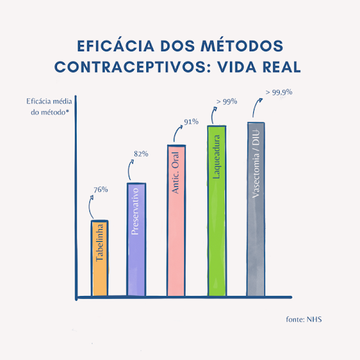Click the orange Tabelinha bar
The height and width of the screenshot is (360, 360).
pos(100,258)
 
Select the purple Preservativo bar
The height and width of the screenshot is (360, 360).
pos(136,239)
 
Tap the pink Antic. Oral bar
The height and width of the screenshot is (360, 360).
pos(176,220)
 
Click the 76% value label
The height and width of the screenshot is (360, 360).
pos(100,189)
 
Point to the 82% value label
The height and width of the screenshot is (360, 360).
pos(141,153)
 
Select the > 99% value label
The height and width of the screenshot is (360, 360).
pos(226,101)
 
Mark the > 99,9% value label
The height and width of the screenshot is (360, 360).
pos(278,91)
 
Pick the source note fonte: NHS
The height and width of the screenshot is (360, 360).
pos(304,319)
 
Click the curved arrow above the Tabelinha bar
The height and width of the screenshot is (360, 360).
pos(93,207)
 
